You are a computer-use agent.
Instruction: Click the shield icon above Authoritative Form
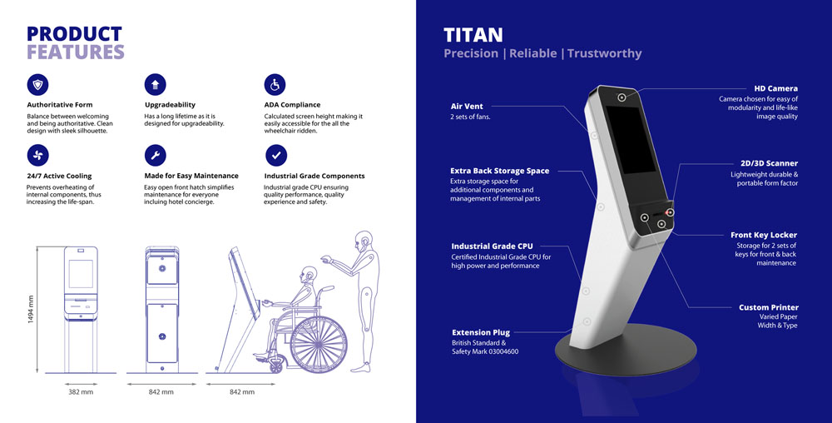(x=37, y=84)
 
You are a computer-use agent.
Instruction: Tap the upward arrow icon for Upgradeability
(x=155, y=84)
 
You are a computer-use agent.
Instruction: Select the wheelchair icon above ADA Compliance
(x=275, y=84)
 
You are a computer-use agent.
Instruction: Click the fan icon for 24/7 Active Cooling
(x=37, y=156)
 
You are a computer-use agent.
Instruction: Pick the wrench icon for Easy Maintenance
(x=155, y=156)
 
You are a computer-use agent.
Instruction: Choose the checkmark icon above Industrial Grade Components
(x=276, y=156)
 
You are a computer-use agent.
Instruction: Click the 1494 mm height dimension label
(x=30, y=310)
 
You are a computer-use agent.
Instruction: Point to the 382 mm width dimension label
(x=81, y=391)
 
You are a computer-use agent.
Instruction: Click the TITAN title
(x=473, y=35)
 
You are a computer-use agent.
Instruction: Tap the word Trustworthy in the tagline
(x=604, y=53)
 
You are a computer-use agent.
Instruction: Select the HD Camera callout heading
(x=775, y=88)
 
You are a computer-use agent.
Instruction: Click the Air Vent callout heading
(x=467, y=106)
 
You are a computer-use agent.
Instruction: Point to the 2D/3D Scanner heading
(x=769, y=163)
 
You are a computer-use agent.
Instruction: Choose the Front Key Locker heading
(x=764, y=235)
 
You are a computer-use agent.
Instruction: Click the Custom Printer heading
(x=768, y=307)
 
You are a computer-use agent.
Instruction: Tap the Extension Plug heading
(x=481, y=333)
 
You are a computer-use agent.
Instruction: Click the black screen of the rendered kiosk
(x=631, y=140)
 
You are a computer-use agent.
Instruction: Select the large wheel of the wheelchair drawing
(x=319, y=344)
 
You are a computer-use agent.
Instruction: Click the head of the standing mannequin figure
(x=364, y=240)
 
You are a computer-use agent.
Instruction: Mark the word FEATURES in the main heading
(x=76, y=52)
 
